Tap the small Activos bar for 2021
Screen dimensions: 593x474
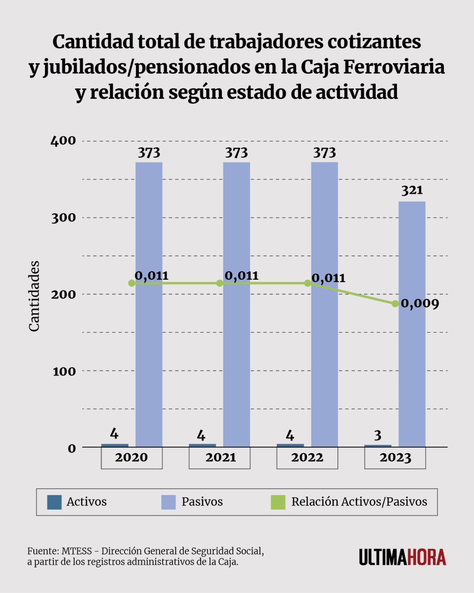click(x=202, y=445)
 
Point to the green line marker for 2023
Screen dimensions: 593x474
click(x=395, y=303)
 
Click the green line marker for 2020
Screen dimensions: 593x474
click(x=131, y=283)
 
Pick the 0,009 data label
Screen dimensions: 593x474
click(x=420, y=303)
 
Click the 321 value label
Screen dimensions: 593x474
click(x=412, y=191)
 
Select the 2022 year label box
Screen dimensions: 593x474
click(x=307, y=458)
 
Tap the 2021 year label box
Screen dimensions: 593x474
click(x=219, y=458)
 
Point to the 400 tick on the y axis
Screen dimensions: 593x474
click(x=64, y=141)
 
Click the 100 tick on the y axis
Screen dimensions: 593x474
click(x=64, y=371)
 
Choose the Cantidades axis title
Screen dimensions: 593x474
click(x=34, y=296)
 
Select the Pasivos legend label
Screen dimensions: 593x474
click(x=202, y=502)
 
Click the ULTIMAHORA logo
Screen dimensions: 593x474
click(x=402, y=556)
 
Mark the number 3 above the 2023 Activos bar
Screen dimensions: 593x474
click(x=378, y=435)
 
